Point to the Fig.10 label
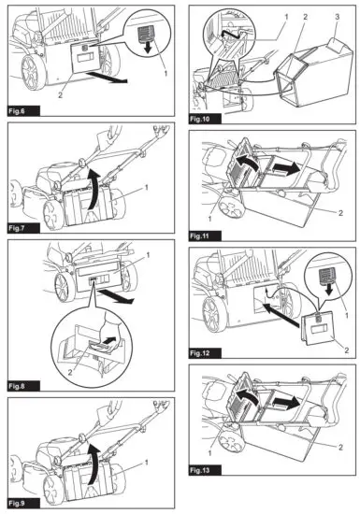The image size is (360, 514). tap(201, 120)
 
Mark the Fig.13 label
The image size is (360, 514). tap(201, 494)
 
